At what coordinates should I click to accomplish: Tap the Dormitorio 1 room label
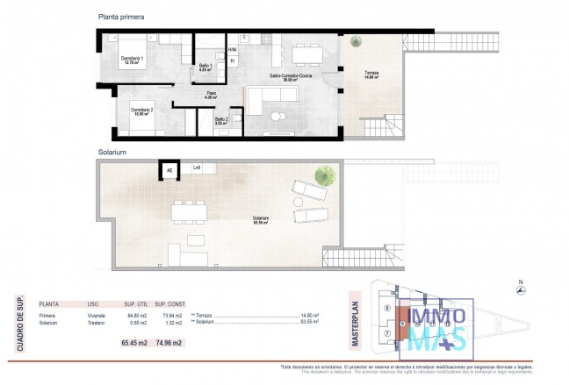tap(132, 61)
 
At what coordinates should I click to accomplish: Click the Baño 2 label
tap(220, 122)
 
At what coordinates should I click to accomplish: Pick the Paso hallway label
tap(212, 95)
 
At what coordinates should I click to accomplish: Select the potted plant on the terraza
tap(356, 42)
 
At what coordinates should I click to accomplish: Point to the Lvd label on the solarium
tap(197, 166)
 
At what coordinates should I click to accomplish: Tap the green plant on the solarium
tap(324, 175)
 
